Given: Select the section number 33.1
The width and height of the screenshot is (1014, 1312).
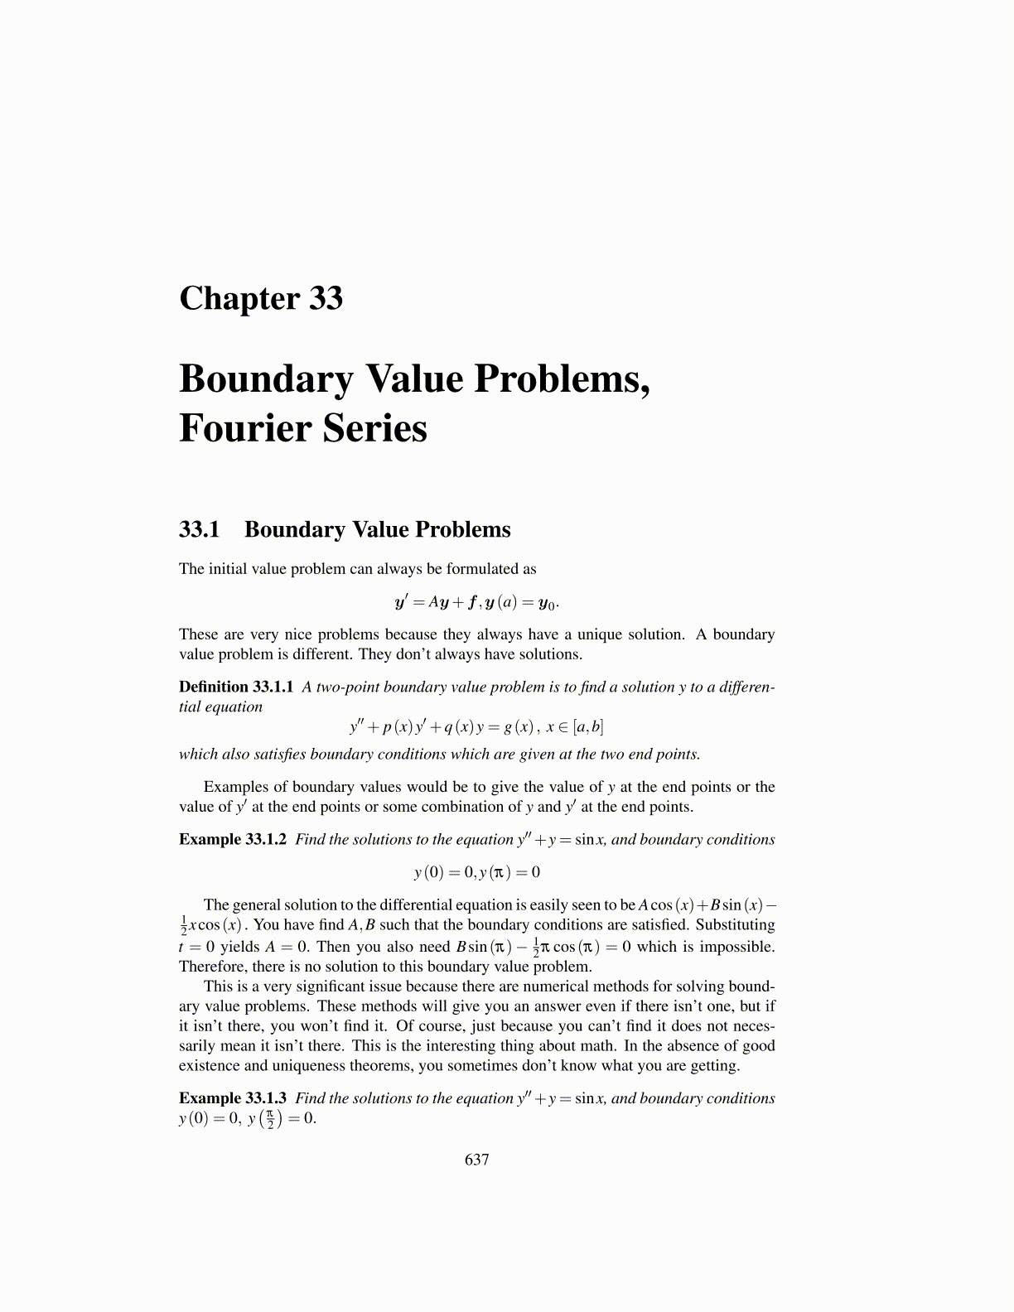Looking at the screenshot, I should pos(199,530).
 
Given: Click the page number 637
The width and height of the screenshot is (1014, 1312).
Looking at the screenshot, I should pos(477,1160).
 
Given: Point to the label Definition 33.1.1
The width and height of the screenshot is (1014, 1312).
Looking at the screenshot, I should pos(236,687).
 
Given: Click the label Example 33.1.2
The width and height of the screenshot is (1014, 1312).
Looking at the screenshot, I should pos(233,839).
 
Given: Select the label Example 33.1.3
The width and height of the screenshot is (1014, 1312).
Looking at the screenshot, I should pos(233,1098).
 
